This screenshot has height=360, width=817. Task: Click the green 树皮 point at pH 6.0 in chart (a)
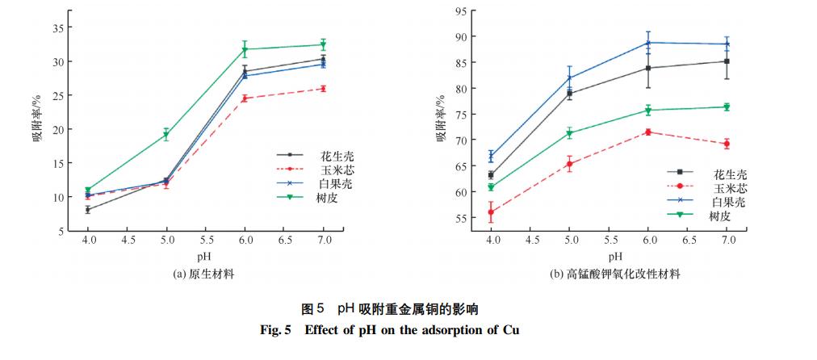coord(245,49)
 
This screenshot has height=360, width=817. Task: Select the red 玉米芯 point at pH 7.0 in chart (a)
coord(323,89)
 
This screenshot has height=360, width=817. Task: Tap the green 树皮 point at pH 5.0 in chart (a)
coord(166,135)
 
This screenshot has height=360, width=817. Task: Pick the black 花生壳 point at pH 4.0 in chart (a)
coord(88,210)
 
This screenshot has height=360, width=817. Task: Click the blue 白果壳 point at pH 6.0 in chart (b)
coord(648,43)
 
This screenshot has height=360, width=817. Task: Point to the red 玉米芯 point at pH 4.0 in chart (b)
coord(491,212)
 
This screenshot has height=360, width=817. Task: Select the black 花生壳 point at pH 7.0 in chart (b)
coord(727,61)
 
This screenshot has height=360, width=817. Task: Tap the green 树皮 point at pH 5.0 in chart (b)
coord(569,133)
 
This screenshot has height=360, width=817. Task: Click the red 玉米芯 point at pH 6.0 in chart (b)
coord(648,132)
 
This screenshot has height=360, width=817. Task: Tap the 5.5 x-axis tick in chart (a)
coord(206,241)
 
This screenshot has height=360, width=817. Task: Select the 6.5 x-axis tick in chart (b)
coord(688,241)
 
